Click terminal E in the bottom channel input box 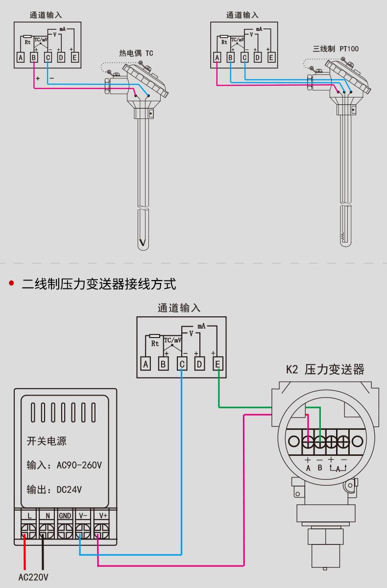(218, 364)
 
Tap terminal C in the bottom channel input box (182, 364)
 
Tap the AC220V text (33, 577)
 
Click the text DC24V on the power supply (69, 490)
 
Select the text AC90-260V (79, 466)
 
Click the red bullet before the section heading (11, 283)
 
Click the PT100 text (349, 49)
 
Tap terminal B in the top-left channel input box (34, 57)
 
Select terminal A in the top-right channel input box (217, 57)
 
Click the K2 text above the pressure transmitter (292, 370)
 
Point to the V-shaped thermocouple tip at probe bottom (143, 242)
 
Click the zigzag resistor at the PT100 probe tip (343, 237)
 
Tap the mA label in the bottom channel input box (201, 326)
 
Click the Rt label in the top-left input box (27, 42)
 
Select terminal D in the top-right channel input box (258, 57)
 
